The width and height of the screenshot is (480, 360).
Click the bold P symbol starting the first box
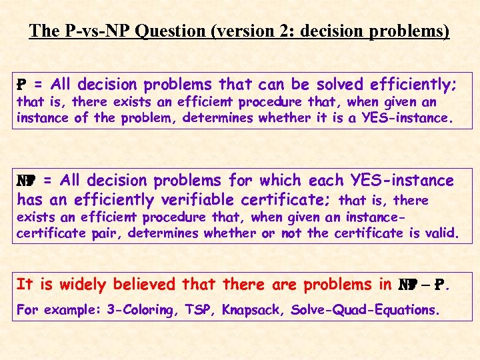21,85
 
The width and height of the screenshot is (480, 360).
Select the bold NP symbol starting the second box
25,181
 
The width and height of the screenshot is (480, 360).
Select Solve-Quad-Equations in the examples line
365,311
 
